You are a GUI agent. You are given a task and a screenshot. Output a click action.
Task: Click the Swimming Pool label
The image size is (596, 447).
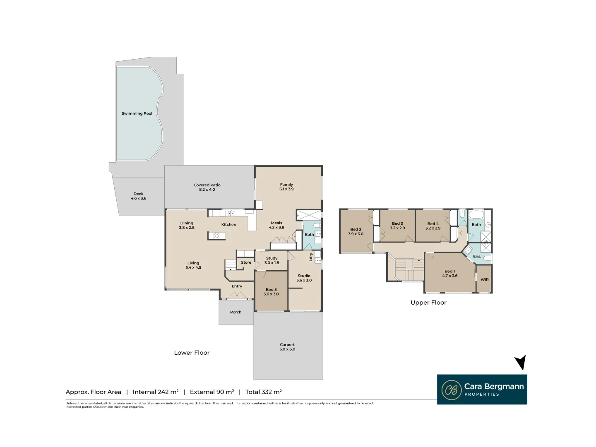(137, 113)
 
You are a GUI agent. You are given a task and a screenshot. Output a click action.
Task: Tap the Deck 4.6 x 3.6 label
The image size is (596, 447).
(138, 196)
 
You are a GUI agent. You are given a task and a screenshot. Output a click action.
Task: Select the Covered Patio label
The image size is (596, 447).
(207, 187)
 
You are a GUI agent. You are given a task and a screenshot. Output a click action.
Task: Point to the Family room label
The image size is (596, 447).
(286, 187)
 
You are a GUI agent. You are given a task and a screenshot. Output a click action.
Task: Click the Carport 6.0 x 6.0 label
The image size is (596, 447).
(287, 347)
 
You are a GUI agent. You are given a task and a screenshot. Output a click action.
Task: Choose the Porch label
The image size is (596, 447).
(236, 312)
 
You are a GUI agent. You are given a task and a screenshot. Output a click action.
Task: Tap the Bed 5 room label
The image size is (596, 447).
(271, 292)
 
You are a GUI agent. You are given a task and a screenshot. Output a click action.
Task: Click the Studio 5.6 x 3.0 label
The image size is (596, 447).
(304, 278)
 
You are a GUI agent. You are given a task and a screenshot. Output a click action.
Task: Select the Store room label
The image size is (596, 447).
(246, 262)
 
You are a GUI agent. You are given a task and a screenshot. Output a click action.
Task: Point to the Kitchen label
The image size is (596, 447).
(228, 225)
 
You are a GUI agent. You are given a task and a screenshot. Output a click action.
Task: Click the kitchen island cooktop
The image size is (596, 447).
(217, 236)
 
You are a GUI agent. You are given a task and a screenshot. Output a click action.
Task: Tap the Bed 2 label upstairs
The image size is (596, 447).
(356, 231)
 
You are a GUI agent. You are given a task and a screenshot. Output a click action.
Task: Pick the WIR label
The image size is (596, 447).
(485, 280)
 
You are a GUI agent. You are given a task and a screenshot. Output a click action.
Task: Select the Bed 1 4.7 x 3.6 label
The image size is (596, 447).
(449, 274)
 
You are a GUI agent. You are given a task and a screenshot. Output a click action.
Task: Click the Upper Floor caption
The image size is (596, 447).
(428, 303)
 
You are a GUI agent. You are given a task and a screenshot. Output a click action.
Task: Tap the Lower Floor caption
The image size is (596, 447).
(192, 353)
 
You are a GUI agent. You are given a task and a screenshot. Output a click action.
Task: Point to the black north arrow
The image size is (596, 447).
(521, 362)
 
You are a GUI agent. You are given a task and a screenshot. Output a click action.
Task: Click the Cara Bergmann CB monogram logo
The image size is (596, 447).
(451, 390)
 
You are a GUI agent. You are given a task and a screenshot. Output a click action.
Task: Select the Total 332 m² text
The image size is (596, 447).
(263, 392)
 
